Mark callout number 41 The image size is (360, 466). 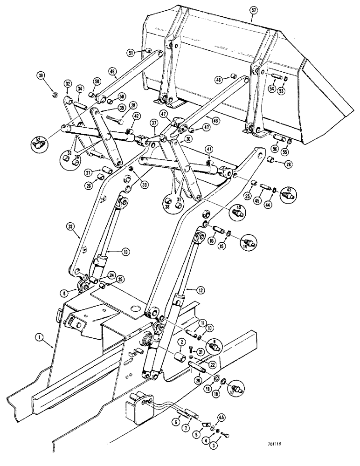[x=209, y=149]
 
